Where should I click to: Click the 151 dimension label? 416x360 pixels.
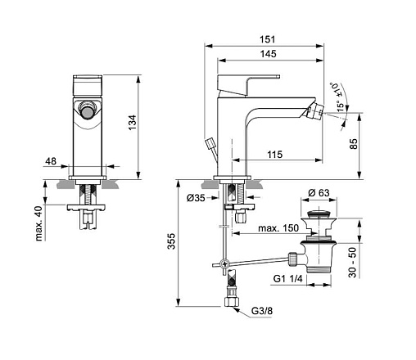(x=267, y=39)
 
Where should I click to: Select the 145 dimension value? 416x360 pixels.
(x=269, y=54)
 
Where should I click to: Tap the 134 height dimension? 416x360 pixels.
(x=133, y=123)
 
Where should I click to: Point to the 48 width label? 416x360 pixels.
(x=51, y=161)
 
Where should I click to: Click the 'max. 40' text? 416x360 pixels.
(x=39, y=223)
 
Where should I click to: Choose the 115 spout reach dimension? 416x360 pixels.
(x=274, y=155)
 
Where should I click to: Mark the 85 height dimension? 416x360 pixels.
(x=354, y=144)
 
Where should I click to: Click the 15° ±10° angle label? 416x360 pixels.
(x=337, y=97)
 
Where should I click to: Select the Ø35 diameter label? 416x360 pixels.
(x=196, y=198)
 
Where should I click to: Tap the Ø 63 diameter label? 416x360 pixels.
(x=319, y=193)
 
